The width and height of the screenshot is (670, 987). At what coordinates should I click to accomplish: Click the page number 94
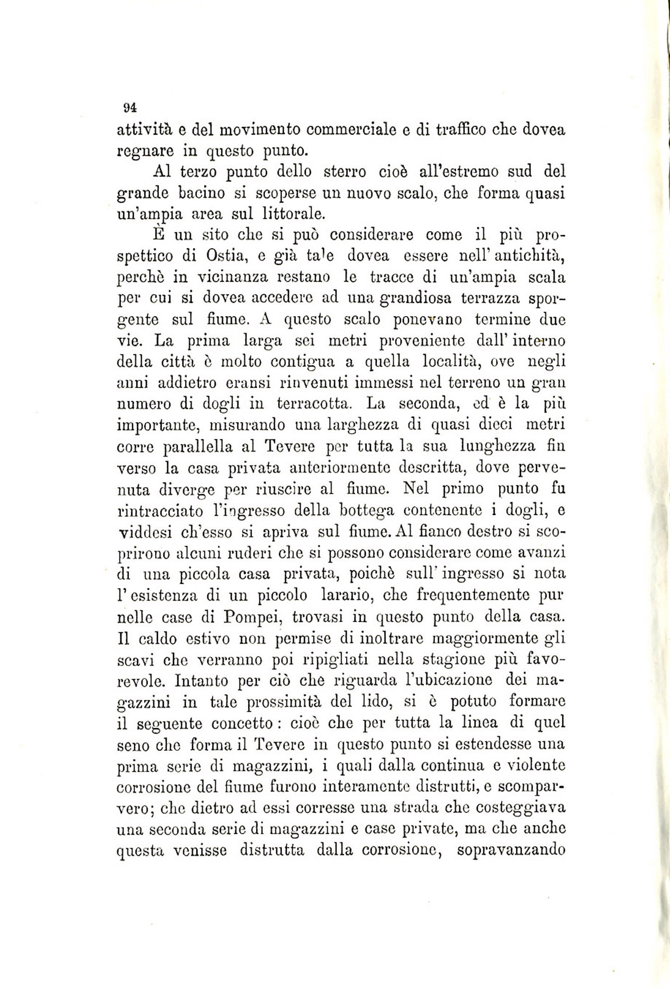[x=130, y=107]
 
